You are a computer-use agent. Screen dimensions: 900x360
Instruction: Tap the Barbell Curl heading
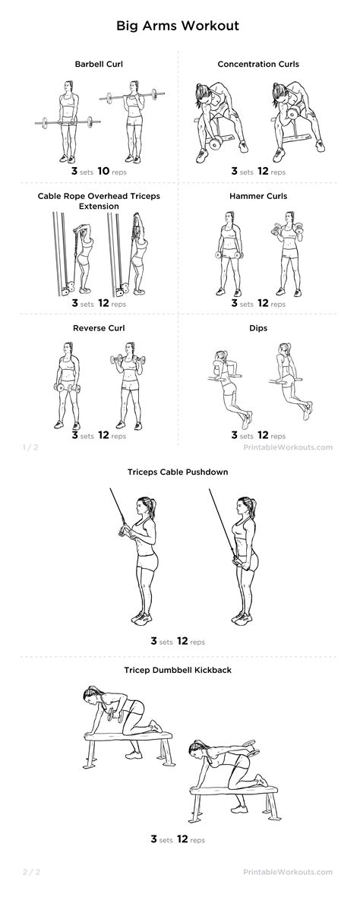pyautogui.click(x=99, y=64)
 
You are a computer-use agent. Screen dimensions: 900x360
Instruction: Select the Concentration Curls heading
pyautogui.click(x=258, y=64)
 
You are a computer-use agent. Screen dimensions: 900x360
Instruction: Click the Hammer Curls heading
pyautogui.click(x=258, y=196)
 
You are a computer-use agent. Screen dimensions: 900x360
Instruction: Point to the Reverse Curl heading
pyautogui.click(x=99, y=327)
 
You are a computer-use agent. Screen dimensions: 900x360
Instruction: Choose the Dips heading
pyautogui.click(x=258, y=327)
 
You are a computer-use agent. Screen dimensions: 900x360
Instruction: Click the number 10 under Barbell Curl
pyautogui.click(x=103, y=171)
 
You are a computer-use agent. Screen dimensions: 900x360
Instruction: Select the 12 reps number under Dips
pyautogui.click(x=264, y=435)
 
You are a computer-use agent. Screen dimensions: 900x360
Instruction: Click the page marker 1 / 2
pyautogui.click(x=30, y=447)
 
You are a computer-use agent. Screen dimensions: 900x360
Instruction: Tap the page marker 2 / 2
pyautogui.click(x=30, y=872)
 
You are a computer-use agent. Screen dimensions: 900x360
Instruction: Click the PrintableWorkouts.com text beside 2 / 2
pyautogui.click(x=288, y=872)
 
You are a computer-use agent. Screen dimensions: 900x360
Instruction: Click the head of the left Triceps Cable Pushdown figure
pyautogui.click(x=141, y=505)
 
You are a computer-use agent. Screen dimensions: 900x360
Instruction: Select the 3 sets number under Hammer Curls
pyautogui.click(x=235, y=303)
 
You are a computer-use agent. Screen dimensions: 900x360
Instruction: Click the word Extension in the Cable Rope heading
pyautogui.click(x=99, y=206)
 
